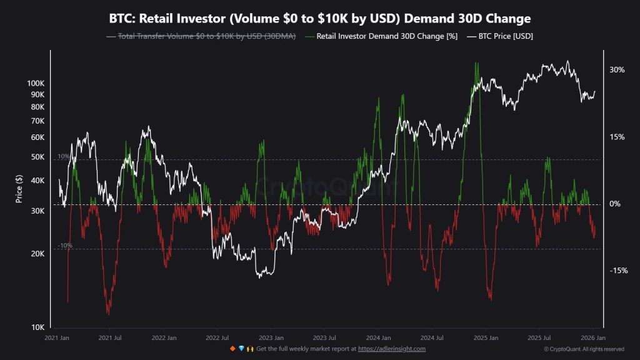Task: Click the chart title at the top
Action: pyautogui.click(x=320, y=18)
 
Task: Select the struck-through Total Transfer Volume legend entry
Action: pyautogui.click(x=202, y=36)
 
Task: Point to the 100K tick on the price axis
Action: pyautogui.click(x=36, y=83)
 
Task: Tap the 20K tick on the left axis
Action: pyautogui.click(x=37, y=254)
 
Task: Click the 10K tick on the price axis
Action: pyautogui.click(x=37, y=327)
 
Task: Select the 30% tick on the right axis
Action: pyautogui.click(x=617, y=70)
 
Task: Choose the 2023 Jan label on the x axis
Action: pyautogui.click(x=271, y=337)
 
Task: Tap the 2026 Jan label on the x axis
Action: pyautogui.click(x=592, y=337)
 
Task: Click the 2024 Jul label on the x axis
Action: pyautogui.click(x=431, y=337)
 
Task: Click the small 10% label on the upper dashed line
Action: pyautogui.click(x=64, y=156)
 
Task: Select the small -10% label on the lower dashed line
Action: pyautogui.click(x=65, y=246)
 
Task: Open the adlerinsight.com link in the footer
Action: pyautogui.click(x=392, y=349)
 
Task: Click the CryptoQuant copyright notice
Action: pyautogui.click(x=584, y=349)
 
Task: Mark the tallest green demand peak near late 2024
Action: pyautogui.click(x=477, y=62)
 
